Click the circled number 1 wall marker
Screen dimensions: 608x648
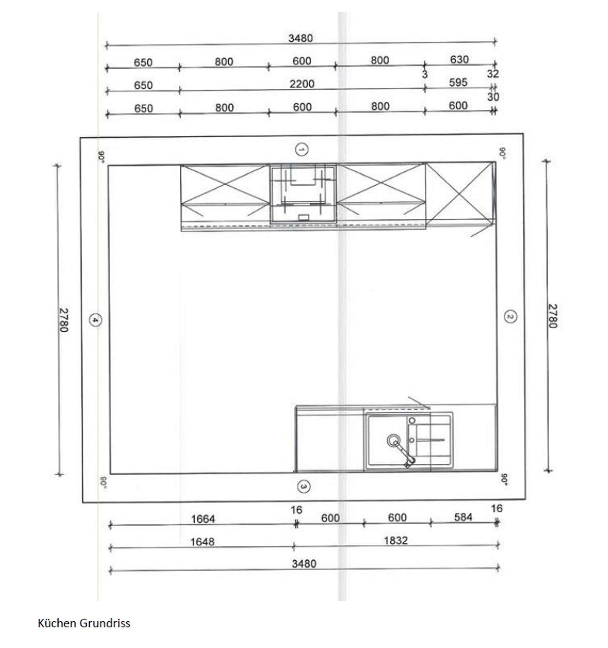point(301,149)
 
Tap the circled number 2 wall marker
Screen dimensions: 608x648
point(510,317)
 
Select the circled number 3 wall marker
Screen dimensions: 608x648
point(303,487)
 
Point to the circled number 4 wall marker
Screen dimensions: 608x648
point(95,320)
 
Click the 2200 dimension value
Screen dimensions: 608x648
point(302,84)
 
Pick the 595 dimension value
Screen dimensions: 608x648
point(458,82)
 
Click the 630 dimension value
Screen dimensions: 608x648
point(459,59)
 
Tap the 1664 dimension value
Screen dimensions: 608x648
point(203,519)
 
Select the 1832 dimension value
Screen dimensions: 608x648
point(396,540)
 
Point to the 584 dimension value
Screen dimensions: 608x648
point(463,517)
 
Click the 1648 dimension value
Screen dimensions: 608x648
point(202,542)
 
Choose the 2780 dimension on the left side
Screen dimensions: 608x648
point(64,320)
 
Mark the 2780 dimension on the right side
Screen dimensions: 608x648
point(552,316)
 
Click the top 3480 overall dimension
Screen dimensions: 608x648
point(300,38)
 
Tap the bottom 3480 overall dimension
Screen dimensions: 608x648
point(304,564)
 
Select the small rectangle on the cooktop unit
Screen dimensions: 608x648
point(303,217)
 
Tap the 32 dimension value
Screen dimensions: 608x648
point(493,74)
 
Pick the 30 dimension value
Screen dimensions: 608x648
point(493,97)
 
